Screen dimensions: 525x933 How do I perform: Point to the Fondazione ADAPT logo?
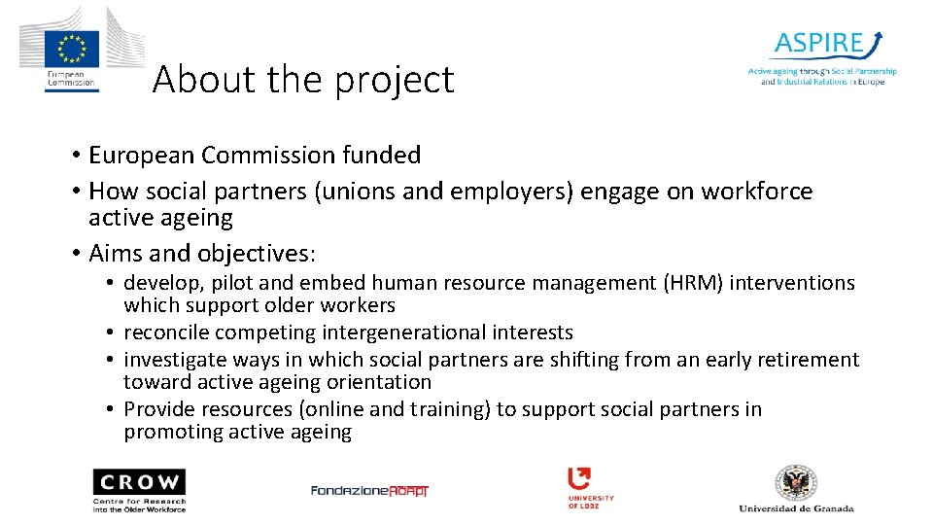pos(369,490)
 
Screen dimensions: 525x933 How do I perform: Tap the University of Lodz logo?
pos(591,487)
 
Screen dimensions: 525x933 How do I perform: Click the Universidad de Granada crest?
pos(796,482)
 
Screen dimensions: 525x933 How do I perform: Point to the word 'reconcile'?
pos(166,332)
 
